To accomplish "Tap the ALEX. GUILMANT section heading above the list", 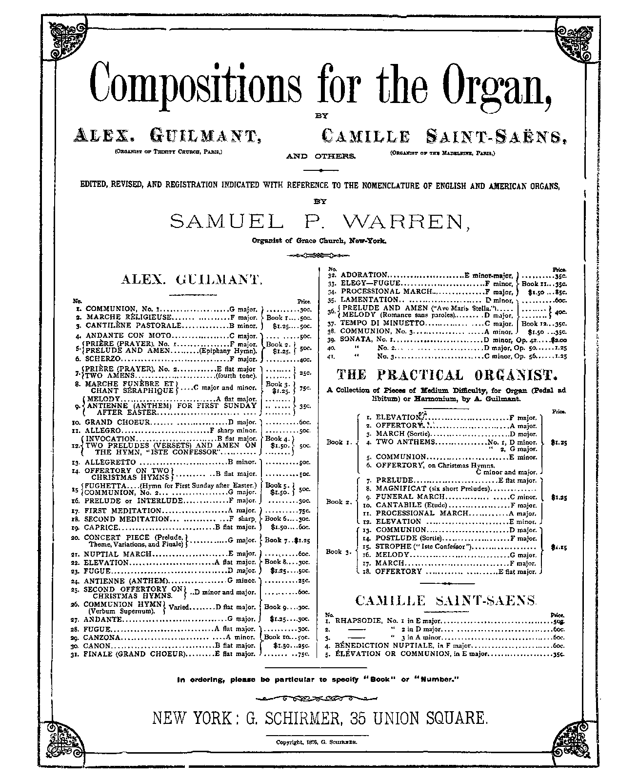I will (x=192, y=280).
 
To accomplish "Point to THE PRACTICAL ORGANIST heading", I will (x=447, y=375).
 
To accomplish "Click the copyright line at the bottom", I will (x=318, y=742).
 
